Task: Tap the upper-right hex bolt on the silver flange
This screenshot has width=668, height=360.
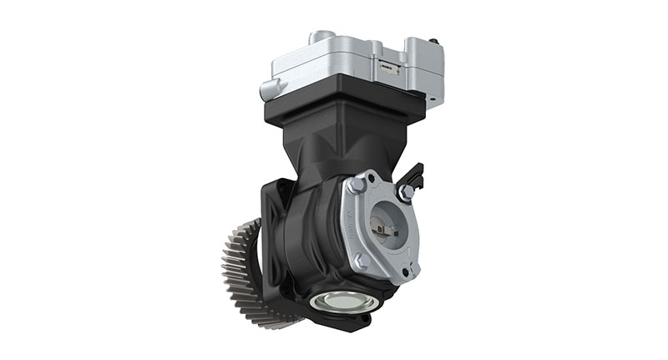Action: pos(405,193)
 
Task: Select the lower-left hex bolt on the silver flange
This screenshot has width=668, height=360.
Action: pos(361,261)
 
